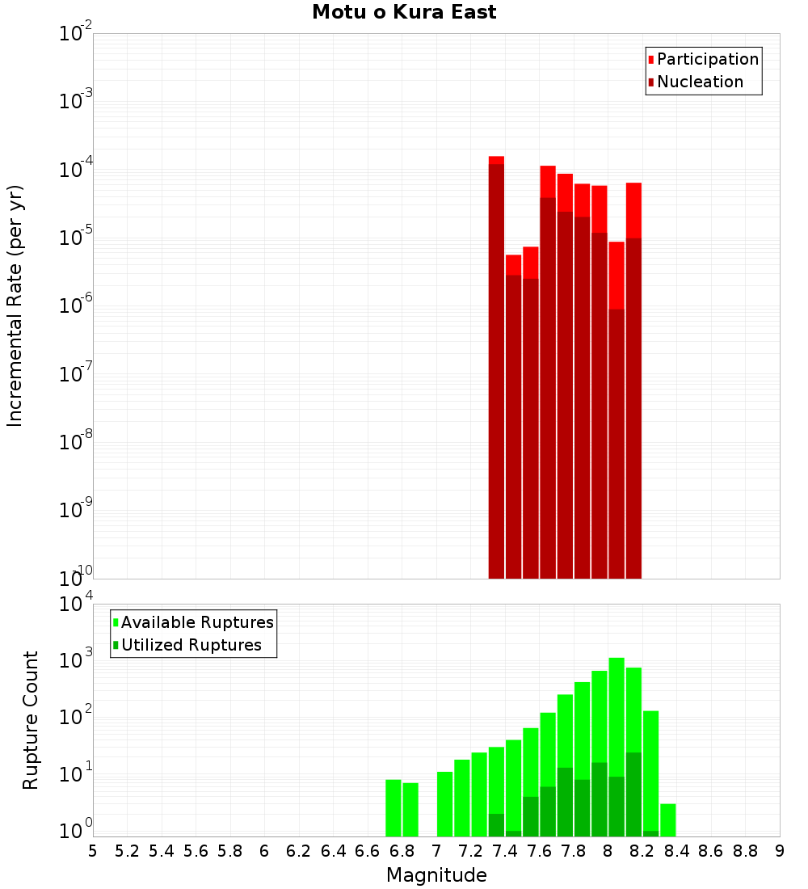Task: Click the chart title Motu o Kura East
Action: click(404, 12)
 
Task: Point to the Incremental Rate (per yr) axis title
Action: click(15, 305)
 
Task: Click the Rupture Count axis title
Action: click(31, 720)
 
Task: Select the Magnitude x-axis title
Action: click(436, 875)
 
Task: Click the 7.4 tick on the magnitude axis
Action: click(505, 851)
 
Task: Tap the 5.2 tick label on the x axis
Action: click(128, 851)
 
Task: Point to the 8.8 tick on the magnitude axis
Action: click(745, 851)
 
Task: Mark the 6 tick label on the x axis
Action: click(264, 851)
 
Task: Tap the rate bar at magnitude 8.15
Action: click(633, 380)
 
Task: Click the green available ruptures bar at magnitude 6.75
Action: click(393, 808)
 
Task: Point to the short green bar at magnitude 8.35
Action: click(668, 820)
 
